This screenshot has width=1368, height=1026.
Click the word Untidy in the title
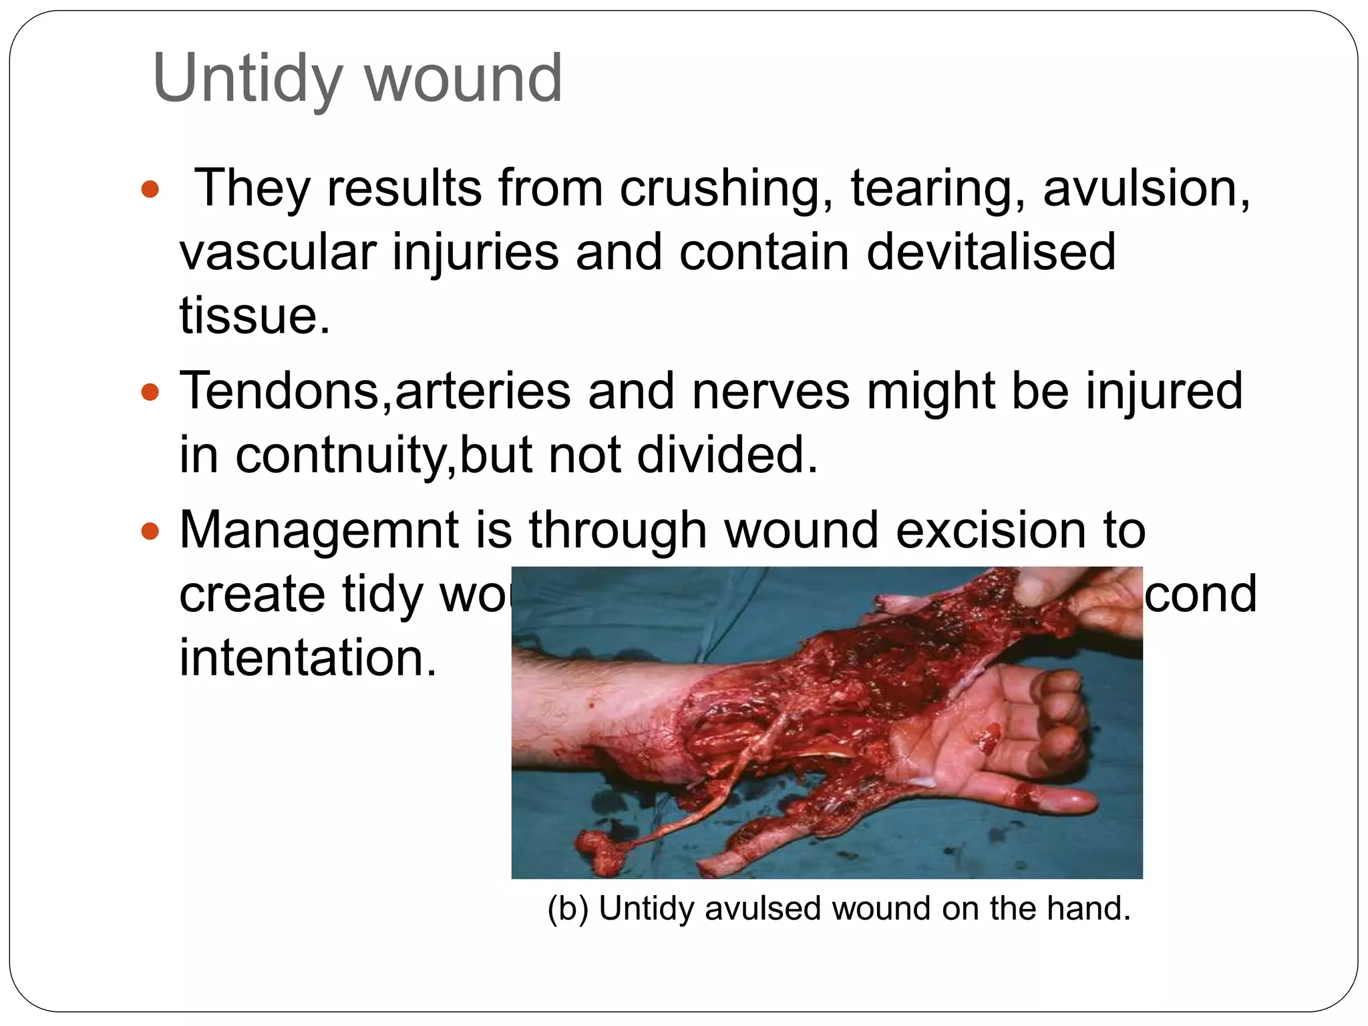click(x=248, y=79)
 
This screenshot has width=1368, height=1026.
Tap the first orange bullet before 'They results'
click(x=151, y=189)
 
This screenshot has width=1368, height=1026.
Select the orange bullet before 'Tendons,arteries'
click(x=151, y=391)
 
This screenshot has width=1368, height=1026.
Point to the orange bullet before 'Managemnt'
click(x=151, y=532)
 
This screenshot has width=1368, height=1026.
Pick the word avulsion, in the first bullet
click(x=1146, y=188)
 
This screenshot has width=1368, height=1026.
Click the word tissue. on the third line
click(x=254, y=315)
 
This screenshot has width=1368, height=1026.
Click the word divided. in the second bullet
click(x=727, y=455)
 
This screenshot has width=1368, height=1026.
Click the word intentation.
click(x=308, y=657)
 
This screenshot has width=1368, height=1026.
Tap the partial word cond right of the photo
click(x=1200, y=594)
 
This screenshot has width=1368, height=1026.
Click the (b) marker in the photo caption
click(x=567, y=908)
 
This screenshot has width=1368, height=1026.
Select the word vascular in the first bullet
click(x=278, y=252)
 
